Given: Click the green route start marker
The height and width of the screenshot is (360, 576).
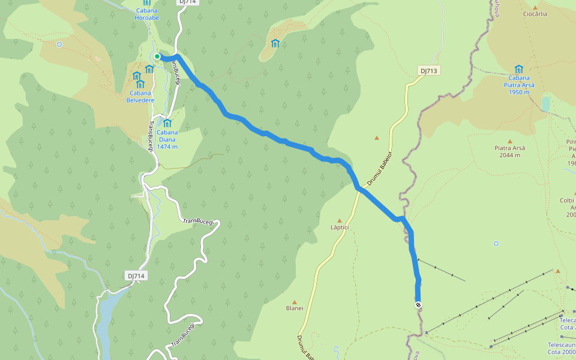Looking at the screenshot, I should (x=157, y=56).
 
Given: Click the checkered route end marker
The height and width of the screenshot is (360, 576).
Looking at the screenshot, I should (x=418, y=305).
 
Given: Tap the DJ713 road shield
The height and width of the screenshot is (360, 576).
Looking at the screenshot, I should (x=430, y=71).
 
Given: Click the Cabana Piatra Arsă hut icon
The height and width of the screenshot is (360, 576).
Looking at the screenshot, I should (x=519, y=69).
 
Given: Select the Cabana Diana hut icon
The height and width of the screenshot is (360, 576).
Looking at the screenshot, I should (x=167, y=124).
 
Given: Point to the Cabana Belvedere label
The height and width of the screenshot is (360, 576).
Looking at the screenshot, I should (x=140, y=96).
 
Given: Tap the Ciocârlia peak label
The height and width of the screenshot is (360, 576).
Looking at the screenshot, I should (x=535, y=14).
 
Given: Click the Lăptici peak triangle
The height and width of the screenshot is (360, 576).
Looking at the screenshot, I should (x=339, y=221).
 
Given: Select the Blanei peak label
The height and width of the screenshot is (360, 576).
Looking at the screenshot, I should (x=295, y=308).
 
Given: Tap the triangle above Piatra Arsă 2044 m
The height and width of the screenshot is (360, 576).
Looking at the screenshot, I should (x=510, y=142).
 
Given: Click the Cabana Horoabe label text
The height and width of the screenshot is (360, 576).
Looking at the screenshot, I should (x=147, y=13).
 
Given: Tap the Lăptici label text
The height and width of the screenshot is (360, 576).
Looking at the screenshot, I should (x=339, y=228).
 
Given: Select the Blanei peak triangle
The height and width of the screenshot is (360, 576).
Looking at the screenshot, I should (x=295, y=302).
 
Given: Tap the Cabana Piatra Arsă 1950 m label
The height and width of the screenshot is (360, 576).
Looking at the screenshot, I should (x=520, y=85).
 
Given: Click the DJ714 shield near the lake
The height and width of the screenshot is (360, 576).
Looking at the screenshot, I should (x=136, y=275).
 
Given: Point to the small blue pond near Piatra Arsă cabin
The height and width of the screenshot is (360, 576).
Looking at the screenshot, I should (x=546, y=104).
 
